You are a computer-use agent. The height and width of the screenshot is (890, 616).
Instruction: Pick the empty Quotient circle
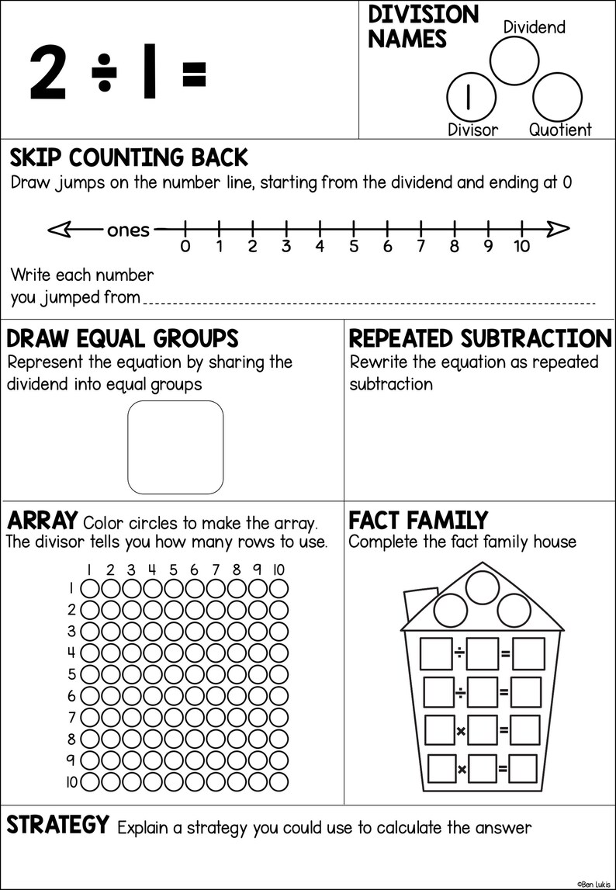point(558,96)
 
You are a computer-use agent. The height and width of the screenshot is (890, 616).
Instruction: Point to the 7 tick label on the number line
point(420,248)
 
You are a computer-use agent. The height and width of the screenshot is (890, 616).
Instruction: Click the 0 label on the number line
point(185,248)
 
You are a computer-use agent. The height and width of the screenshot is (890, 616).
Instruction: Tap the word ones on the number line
point(128,230)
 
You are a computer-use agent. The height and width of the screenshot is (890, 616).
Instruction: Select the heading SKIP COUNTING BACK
point(129,158)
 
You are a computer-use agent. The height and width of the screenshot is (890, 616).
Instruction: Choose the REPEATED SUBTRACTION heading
point(480,339)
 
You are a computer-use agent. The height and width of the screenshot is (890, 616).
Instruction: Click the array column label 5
point(173,570)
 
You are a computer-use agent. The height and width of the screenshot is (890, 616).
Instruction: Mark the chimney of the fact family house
point(417,606)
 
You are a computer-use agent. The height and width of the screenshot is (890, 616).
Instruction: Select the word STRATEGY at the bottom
point(58,826)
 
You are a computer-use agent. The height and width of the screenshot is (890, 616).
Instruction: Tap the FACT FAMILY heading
point(418,519)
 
